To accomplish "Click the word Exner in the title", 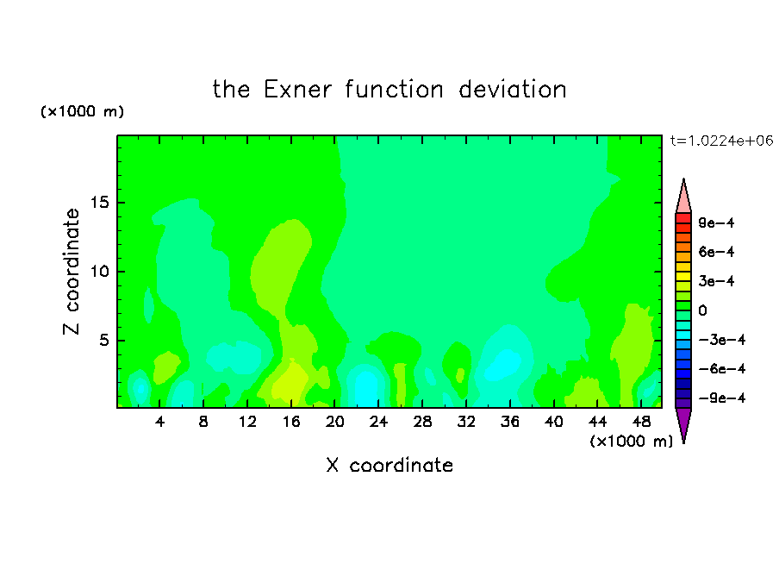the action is (297, 90).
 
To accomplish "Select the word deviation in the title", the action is (512, 90).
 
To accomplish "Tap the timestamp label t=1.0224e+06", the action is (721, 141).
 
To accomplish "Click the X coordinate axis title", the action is (389, 465).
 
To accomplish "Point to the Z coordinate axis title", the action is (71, 272).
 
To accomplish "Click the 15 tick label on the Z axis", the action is (99, 203).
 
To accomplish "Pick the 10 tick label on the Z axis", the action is (99, 272).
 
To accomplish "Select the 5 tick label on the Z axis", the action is (103, 340).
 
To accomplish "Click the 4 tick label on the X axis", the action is (159, 422).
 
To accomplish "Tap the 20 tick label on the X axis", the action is (335, 422).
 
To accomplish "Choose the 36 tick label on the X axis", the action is (510, 422).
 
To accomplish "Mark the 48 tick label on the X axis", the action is (641, 422).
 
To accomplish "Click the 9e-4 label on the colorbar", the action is (716, 222).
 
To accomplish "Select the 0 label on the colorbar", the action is (702, 310).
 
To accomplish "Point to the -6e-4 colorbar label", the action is (722, 369).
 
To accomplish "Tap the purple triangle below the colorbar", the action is (683, 423).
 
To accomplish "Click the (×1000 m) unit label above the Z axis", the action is (82, 111).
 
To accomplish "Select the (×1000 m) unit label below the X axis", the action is (631, 442).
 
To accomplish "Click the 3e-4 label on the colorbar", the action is (716, 281).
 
